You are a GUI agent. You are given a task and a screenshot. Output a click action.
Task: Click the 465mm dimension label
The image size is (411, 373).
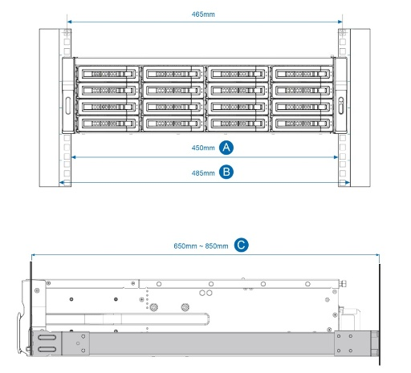pyautogui.click(x=203, y=14)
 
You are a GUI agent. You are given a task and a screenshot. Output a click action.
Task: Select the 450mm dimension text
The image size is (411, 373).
pyautogui.click(x=203, y=148)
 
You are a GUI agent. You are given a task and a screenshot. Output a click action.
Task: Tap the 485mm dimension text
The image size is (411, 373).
pyautogui.click(x=203, y=173)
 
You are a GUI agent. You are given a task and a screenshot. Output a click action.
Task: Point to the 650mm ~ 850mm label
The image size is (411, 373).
pyautogui.click(x=201, y=245)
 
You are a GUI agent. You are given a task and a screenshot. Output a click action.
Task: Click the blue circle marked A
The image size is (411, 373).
pyautogui.click(x=226, y=148)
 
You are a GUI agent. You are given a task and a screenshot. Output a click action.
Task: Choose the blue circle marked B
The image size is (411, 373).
pyautogui.click(x=226, y=172)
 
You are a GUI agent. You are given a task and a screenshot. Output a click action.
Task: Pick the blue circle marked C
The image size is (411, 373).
pyautogui.click(x=241, y=245)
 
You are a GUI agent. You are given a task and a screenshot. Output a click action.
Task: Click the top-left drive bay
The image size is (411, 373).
pyautogui.click(x=108, y=74)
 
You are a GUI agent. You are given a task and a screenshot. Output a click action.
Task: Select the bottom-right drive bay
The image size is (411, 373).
pyautogui.click(x=302, y=124)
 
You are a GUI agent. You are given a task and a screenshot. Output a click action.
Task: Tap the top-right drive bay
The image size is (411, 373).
pyautogui.click(x=302, y=74)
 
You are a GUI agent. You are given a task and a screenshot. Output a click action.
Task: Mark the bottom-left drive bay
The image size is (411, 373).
pyautogui.click(x=108, y=124)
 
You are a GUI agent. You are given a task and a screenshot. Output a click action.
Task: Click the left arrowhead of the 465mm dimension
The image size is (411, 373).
pyautogui.click(x=69, y=22)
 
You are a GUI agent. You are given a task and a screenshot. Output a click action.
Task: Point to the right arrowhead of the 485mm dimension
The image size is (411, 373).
pyautogui.click(x=348, y=183)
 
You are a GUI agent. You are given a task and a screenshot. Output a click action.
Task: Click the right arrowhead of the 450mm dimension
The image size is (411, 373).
pyautogui.click(x=336, y=157)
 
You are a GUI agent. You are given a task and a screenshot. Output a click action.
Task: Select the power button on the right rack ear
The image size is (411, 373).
pyautogui.click(x=341, y=101)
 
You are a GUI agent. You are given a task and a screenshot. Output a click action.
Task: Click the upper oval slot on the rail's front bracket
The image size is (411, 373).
pyautogui.click(x=47, y=338)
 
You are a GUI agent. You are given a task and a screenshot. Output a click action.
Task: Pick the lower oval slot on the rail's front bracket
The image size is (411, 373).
pyautogui.click(x=47, y=349)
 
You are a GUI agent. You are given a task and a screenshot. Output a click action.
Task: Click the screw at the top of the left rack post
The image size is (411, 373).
pyautogui.click(x=67, y=33)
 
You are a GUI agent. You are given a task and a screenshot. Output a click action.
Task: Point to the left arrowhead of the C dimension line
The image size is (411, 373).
pyautogui.click(x=34, y=255)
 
